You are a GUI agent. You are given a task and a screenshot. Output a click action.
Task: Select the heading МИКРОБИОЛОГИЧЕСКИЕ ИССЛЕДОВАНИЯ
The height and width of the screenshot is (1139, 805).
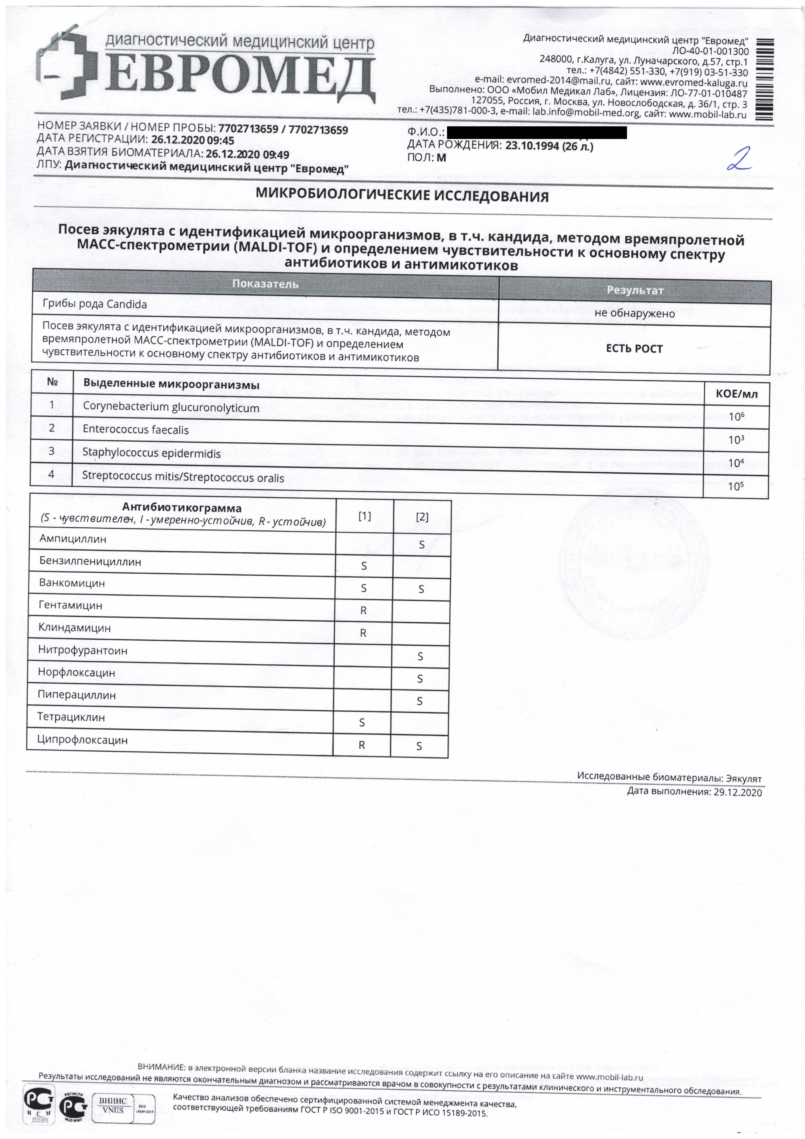(x=402, y=196)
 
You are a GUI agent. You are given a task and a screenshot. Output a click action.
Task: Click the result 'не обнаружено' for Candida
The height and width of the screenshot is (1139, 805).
(x=634, y=313)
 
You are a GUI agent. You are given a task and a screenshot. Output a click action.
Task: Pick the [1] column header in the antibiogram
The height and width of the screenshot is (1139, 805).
(x=365, y=516)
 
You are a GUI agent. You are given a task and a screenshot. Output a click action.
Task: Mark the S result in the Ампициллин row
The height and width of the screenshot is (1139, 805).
(x=422, y=545)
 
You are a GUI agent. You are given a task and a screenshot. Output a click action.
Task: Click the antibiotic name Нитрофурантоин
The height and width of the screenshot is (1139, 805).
(x=83, y=650)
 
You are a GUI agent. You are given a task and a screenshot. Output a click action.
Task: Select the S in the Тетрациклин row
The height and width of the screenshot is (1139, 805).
(x=362, y=723)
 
